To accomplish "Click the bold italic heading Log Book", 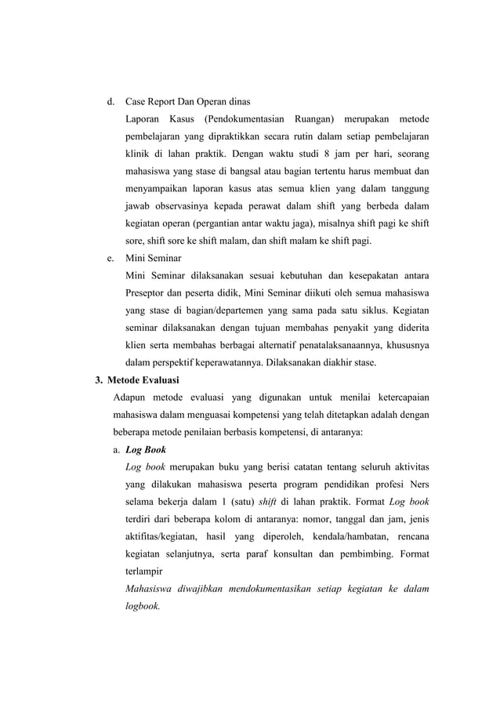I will click(145, 449).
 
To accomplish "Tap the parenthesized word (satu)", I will click(240, 501).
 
